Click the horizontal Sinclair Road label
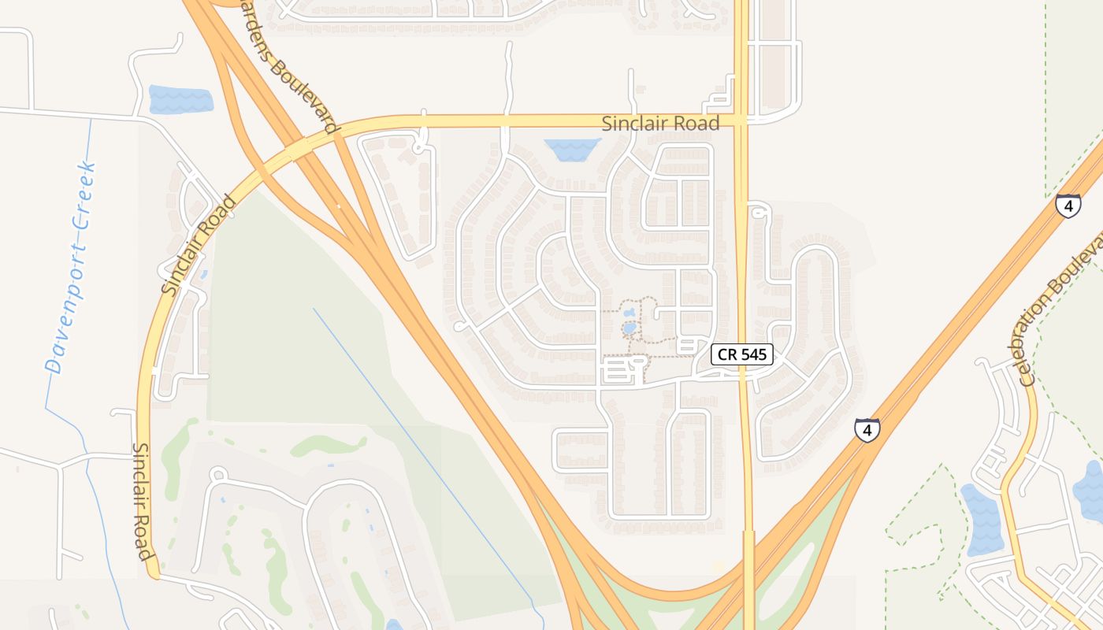pyautogui.click(x=660, y=124)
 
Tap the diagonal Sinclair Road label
pyautogui.click(x=199, y=245)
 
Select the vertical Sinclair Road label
pyautogui.click(x=143, y=501)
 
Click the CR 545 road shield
pyautogui.click(x=742, y=354)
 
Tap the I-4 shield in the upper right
pyautogui.click(x=1068, y=206)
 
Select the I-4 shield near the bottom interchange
pyautogui.click(x=867, y=430)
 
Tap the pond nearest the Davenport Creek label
pyautogui.click(x=180, y=99)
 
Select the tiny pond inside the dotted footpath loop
pyautogui.click(x=629, y=328)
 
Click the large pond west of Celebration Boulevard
pyautogui.click(x=982, y=520)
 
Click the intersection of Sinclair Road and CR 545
pyautogui.click(x=741, y=120)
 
